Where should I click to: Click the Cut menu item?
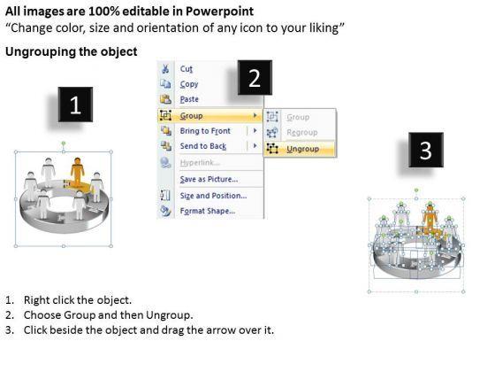(x=187, y=69)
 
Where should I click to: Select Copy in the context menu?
(x=189, y=84)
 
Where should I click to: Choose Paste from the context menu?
(x=189, y=99)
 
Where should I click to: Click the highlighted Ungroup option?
(x=302, y=149)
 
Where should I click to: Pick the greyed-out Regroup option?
(x=301, y=132)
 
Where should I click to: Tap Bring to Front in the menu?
(x=205, y=131)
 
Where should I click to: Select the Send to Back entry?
(x=203, y=146)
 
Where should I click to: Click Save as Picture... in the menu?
(x=209, y=179)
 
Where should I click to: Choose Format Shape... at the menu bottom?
(x=208, y=211)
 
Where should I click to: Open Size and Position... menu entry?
(x=213, y=196)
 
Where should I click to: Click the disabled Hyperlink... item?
(x=200, y=163)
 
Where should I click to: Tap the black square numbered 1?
(x=75, y=105)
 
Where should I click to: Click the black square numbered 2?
(x=255, y=78)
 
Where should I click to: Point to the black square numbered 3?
(x=426, y=150)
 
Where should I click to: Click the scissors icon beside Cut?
(x=165, y=69)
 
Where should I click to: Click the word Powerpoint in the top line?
(x=220, y=12)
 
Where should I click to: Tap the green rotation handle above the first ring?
(x=64, y=143)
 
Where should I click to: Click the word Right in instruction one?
(x=34, y=299)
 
